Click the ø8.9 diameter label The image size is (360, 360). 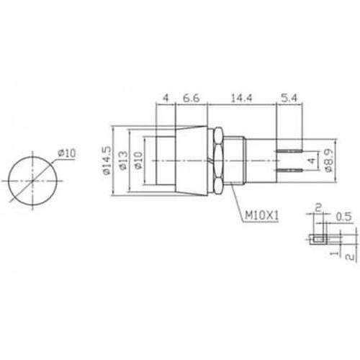pos(329,161)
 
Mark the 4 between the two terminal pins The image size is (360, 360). pos(310,160)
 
